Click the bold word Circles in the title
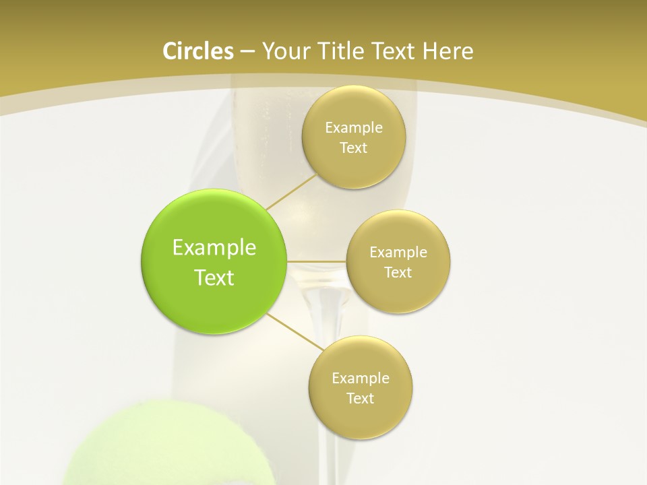[x=197, y=51]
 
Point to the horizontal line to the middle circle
[x=317, y=261]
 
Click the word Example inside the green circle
[x=214, y=248]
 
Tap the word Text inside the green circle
[x=214, y=278]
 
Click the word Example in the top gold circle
[x=354, y=128]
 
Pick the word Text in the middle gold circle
[x=398, y=273]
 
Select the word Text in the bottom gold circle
[x=361, y=399]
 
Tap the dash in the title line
[x=247, y=51]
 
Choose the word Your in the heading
[x=283, y=51]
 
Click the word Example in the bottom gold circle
[x=361, y=379]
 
